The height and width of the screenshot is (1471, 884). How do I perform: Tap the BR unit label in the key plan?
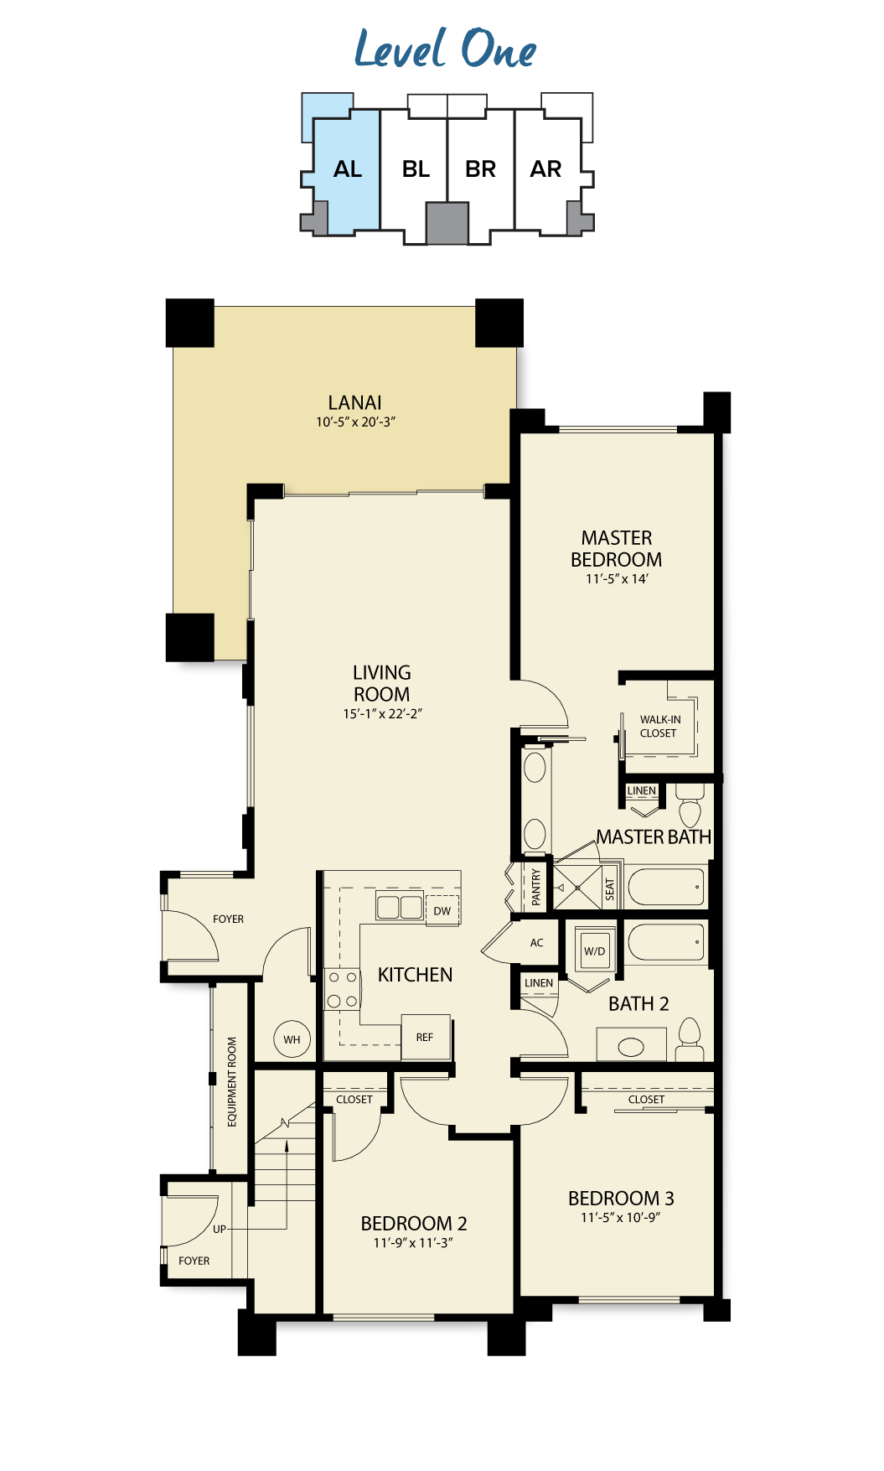point(480,169)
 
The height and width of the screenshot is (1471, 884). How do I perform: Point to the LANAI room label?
point(355,402)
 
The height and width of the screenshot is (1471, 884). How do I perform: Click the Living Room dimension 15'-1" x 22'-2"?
point(382,714)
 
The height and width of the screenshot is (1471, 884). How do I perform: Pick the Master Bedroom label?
point(617,549)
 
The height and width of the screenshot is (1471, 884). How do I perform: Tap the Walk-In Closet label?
point(659,726)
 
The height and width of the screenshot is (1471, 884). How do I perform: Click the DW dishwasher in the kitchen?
point(442,910)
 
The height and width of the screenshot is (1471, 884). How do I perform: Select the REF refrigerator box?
point(426,1037)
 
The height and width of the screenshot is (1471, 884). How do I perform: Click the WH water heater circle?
point(292,1039)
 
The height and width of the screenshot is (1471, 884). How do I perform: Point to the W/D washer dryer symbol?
point(595,950)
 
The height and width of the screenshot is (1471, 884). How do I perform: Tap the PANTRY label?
point(536,886)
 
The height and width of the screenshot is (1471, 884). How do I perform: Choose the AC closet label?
point(537,943)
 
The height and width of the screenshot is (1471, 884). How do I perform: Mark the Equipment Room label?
point(232,1082)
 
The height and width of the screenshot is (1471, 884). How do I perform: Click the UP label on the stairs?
point(220,1229)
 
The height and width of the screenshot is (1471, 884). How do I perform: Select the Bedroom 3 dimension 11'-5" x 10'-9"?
point(620,1218)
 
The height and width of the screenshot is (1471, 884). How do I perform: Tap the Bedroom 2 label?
point(414,1224)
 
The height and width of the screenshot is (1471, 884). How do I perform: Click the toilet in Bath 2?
point(690,1040)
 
